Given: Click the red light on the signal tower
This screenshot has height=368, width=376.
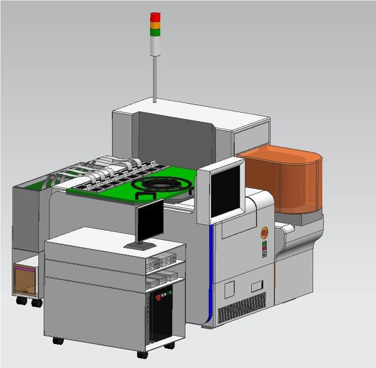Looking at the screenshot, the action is (155, 16).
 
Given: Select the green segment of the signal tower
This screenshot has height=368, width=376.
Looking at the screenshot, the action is (155, 32).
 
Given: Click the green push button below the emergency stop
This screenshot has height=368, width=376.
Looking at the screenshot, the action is (264, 243).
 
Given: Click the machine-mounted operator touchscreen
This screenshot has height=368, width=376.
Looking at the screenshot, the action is (225, 191).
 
